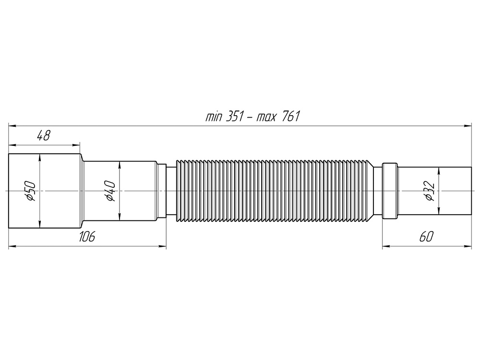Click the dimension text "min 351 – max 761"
252,117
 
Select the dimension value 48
44,136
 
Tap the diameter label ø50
30,191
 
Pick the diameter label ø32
429,191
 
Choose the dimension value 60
427,237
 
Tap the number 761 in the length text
289,117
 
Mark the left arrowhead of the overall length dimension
12,126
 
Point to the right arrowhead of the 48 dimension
77,144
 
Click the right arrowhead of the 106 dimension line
163,247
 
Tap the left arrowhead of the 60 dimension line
385,247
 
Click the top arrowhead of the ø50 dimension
40,156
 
